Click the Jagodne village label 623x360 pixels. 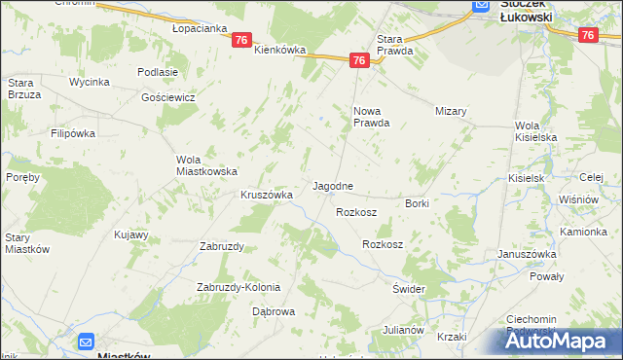[332, 185]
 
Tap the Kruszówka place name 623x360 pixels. [267, 195]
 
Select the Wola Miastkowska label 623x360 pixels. [206, 165]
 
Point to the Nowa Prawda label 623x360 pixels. [371, 117]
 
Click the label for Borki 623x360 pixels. [418, 203]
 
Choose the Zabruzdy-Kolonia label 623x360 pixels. [238, 287]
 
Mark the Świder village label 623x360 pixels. [409, 290]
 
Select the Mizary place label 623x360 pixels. [452, 112]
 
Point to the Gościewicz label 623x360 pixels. [168, 98]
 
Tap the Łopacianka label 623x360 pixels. [199, 29]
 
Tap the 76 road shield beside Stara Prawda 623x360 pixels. [359, 60]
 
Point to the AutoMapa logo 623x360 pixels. [564, 341]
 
